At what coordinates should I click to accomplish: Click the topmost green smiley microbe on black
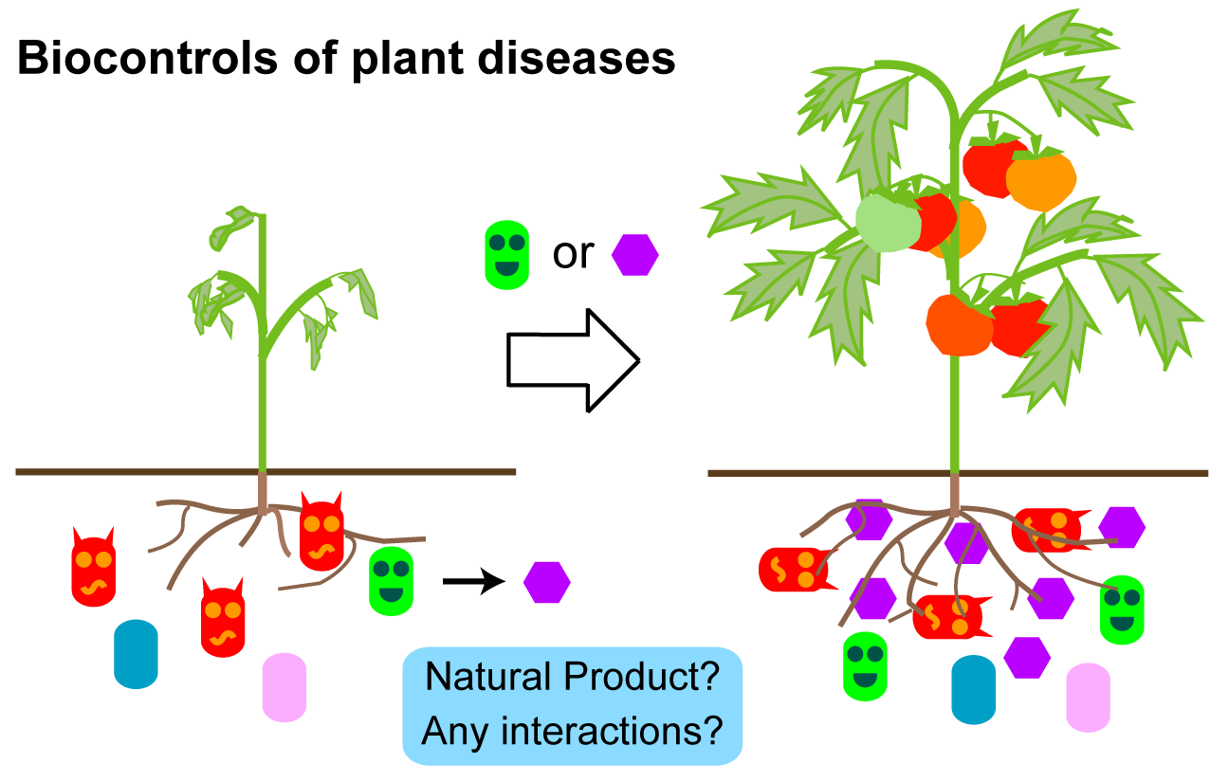[506, 255]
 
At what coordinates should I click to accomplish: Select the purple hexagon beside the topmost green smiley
[634, 255]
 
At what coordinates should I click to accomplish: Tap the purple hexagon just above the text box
[547, 582]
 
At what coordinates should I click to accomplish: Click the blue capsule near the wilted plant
[136, 654]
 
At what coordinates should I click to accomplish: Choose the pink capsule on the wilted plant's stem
[284, 686]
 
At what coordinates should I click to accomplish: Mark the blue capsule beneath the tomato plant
[973, 689]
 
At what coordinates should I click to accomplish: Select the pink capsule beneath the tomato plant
[1088, 697]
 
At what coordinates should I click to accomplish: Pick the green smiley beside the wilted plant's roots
[391, 580]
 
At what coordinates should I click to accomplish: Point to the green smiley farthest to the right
[1122, 609]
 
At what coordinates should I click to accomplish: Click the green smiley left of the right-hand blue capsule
[866, 665]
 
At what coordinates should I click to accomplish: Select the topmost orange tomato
[1041, 180]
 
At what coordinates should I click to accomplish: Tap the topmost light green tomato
[888, 223]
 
